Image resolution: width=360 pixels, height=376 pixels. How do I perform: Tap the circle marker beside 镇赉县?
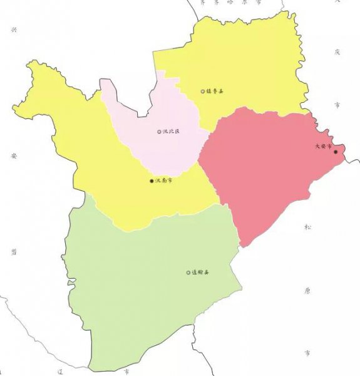[x=202, y=91]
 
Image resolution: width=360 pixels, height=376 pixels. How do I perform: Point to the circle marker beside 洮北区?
[x=159, y=132]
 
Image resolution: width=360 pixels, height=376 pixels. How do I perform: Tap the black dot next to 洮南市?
[x=152, y=181]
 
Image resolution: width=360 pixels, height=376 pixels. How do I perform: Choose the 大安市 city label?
[x=322, y=147]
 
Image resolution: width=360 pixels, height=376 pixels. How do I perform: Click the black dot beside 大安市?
[x=336, y=152]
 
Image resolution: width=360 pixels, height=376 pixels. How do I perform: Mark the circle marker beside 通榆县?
[x=188, y=273]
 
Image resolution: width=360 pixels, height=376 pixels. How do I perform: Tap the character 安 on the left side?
[x=13, y=155]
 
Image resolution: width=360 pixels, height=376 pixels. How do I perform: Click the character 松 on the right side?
[x=307, y=227]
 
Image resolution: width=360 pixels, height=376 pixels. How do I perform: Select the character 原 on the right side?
[x=307, y=290]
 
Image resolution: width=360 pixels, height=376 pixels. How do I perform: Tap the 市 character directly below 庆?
[x=337, y=105]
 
